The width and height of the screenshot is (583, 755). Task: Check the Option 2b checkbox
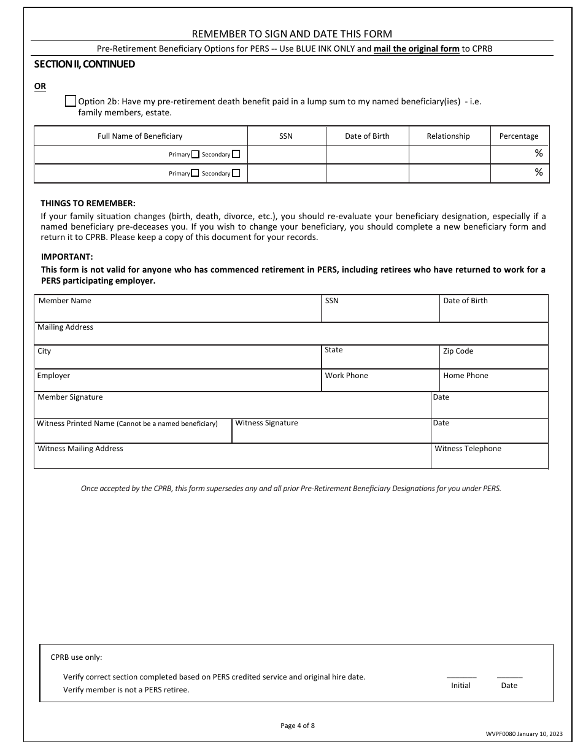pos(71,102)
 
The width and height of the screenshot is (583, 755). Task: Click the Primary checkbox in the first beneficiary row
pos(195,155)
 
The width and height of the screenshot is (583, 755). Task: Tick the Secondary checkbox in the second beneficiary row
pos(236,174)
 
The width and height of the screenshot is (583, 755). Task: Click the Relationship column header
pos(448,136)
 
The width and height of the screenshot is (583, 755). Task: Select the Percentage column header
pos(519,136)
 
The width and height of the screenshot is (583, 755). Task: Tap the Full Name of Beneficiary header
pos(140,136)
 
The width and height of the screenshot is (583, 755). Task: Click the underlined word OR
pos(40,87)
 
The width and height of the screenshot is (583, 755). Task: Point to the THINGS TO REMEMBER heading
pos(88,203)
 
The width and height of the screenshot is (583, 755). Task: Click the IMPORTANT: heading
pos(67,257)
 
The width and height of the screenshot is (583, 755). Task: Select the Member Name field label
pos(64,301)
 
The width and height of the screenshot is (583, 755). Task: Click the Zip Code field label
pos(458,351)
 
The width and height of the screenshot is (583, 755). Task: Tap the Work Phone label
pos(346,376)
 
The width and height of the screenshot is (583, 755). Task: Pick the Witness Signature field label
pos(266,423)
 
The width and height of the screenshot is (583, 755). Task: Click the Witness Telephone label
pos(468,449)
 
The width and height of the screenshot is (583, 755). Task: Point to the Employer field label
pos(53,376)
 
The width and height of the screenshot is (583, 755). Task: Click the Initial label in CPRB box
pos(460,686)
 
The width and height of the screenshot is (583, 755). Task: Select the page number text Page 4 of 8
pos(298,726)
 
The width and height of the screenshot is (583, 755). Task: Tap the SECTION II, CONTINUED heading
pos(85,64)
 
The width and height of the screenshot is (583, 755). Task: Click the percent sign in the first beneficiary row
pos(538,153)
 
